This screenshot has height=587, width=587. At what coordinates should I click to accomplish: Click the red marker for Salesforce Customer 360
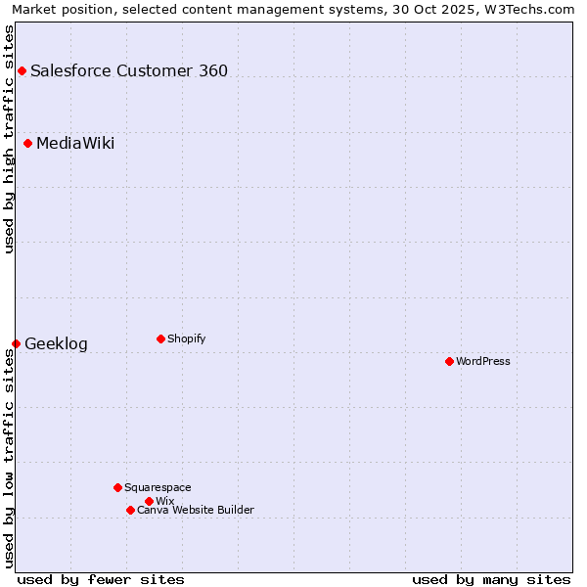pos(22,70)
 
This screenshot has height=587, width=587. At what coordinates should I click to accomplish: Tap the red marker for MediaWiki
pos(28,144)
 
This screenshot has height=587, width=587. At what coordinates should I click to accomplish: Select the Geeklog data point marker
pos(16,343)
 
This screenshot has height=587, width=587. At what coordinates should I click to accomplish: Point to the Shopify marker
pos(160,339)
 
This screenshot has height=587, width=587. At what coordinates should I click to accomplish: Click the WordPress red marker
pos(449,361)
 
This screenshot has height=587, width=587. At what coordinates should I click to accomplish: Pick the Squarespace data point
pos(117,487)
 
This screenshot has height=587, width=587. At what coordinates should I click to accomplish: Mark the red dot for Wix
pos(149,501)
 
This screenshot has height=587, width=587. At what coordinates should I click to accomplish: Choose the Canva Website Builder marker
pos(130,510)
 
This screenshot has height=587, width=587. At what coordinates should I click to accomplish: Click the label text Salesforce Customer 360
pos(129,70)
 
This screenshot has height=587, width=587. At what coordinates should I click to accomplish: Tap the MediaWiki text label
pos(75,144)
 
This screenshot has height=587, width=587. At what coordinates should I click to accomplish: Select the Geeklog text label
pos(56,343)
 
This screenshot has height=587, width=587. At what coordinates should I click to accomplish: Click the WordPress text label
pos(483,361)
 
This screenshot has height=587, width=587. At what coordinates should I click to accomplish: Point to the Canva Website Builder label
pos(196,510)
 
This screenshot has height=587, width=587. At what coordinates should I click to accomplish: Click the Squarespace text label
pos(158,487)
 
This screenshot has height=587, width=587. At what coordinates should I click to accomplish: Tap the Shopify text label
pos(186,339)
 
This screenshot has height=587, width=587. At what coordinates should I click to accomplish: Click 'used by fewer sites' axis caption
pos(101,579)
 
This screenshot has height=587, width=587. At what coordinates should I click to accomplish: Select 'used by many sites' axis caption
pos(491,579)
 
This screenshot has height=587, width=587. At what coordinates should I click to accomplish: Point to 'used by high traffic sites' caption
pos(9,139)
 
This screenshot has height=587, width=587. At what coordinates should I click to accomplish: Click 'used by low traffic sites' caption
pos(9,458)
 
